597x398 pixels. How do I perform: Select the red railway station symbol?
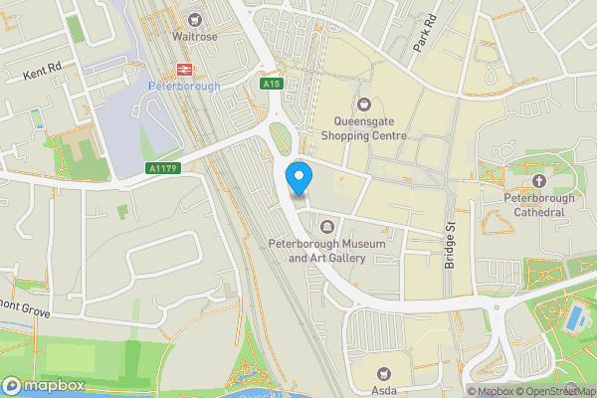(x=184, y=69)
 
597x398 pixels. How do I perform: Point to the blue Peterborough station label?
(x=183, y=87)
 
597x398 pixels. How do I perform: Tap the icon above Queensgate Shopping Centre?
(x=363, y=103)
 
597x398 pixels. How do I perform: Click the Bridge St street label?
(x=449, y=244)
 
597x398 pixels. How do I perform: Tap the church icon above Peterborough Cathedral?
(x=538, y=180)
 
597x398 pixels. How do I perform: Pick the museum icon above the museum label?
(x=327, y=228)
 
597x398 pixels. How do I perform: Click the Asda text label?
(x=384, y=389)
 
